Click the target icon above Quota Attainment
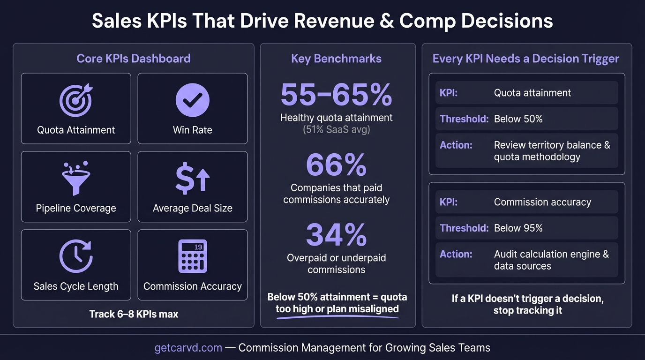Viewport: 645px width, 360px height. [76, 100]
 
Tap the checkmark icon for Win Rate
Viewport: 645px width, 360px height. [192, 100]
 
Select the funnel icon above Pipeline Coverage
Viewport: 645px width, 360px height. [76, 178]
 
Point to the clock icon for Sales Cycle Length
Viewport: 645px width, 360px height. [76, 256]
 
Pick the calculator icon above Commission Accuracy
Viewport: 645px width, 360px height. [192, 256]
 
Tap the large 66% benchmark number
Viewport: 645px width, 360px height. [336, 165]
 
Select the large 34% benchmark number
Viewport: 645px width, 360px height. [336, 234]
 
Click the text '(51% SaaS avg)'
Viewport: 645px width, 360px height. [336, 129]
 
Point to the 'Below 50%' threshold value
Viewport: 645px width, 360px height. [518, 119]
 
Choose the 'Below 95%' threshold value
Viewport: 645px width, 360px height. [518, 228]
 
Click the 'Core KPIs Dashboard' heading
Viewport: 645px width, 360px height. [134, 59]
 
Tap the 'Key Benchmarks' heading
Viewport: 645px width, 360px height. [336, 59]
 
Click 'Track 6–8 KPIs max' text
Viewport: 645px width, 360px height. [134, 314]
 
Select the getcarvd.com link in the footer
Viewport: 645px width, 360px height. [188, 348]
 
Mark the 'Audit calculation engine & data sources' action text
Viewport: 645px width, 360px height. [551, 260]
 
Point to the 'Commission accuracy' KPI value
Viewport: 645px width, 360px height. [542, 202]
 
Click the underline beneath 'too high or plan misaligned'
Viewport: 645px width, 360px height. [337, 318]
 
